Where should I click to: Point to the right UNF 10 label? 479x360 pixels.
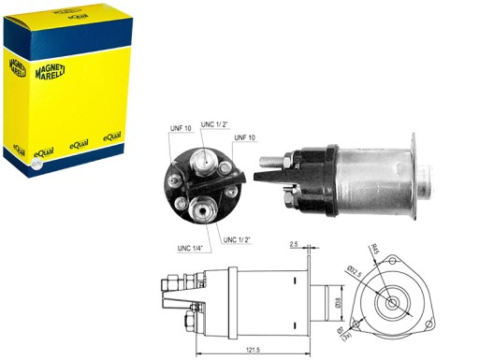(x=246, y=137)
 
